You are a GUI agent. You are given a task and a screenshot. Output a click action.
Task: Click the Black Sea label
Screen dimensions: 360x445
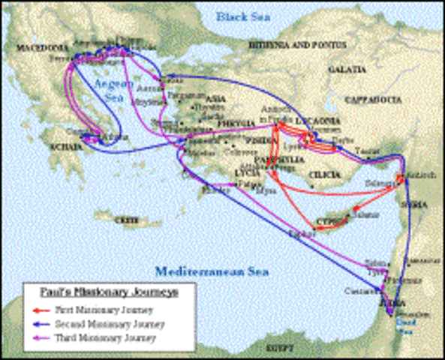[245, 15]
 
